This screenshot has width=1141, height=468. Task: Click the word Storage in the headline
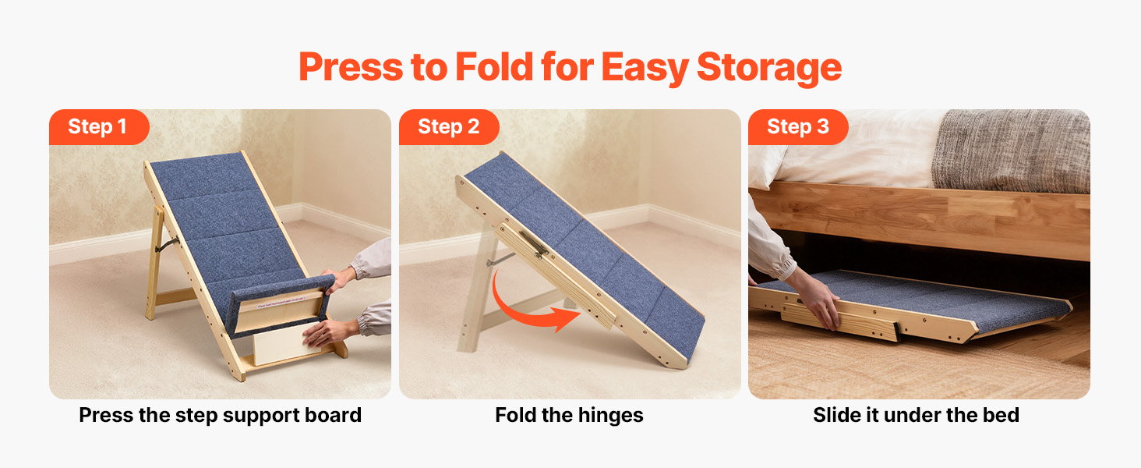coord(768,67)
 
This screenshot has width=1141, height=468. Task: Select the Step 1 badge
coord(99,127)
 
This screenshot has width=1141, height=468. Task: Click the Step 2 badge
coord(449,127)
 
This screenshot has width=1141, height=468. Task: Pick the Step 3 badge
coord(798,127)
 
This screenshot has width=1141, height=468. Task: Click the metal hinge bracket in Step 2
coord(533,243)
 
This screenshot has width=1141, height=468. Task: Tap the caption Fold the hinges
coord(569,415)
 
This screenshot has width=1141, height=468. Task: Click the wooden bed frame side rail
coord(920,220)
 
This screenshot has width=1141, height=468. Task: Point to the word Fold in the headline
coord(494,67)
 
